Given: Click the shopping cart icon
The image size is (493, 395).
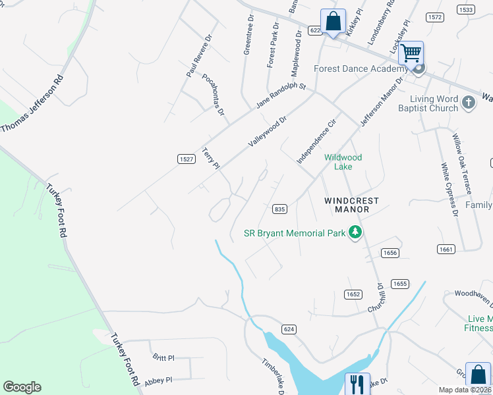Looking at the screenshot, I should [411, 53].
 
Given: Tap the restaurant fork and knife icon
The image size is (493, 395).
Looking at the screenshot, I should [357, 383].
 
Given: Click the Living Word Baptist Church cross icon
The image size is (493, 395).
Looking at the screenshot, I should [468, 103].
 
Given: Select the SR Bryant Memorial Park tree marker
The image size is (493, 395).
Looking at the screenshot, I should [355, 232].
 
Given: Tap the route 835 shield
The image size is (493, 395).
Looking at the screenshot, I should [279, 209].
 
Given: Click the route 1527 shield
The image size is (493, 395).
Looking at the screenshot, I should [186, 159].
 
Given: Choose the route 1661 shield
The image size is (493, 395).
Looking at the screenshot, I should [446, 249].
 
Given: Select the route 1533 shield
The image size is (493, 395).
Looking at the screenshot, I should [465, 10].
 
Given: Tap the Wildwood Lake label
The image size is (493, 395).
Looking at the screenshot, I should [343, 162].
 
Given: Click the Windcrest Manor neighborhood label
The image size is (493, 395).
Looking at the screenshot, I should [346, 204].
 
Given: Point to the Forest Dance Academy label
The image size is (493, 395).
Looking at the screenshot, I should [361, 68].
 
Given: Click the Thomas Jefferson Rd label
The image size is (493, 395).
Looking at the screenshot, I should [32, 105].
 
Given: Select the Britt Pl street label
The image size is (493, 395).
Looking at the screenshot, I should [163, 358].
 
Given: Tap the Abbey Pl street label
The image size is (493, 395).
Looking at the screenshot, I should [158, 380].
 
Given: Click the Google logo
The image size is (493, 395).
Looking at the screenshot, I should [22, 387].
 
